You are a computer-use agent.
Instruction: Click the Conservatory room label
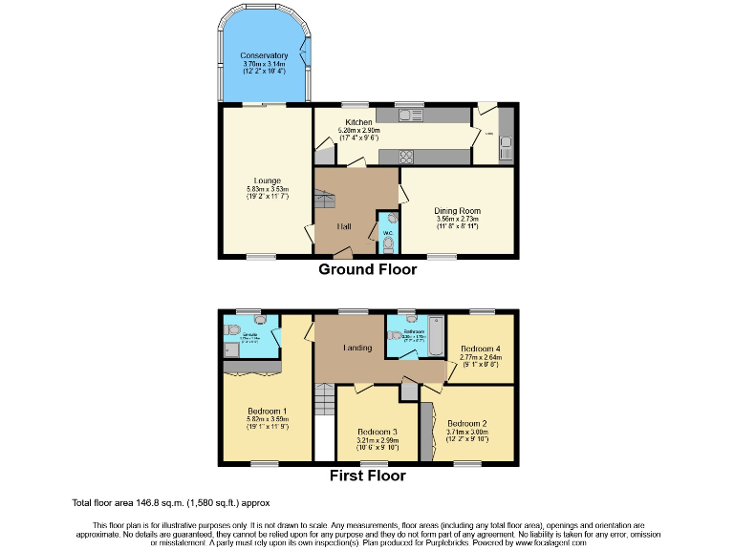click(264, 56)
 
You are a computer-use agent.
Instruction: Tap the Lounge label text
click(267, 180)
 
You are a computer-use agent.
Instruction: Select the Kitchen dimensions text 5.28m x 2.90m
click(359, 131)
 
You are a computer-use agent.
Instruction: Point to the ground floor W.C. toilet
click(387, 243)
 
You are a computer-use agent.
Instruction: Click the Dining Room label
click(457, 211)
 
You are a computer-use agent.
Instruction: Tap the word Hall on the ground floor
click(345, 226)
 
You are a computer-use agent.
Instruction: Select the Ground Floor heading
click(367, 270)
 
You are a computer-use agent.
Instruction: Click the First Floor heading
click(367, 475)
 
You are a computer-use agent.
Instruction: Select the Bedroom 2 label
click(468, 422)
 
